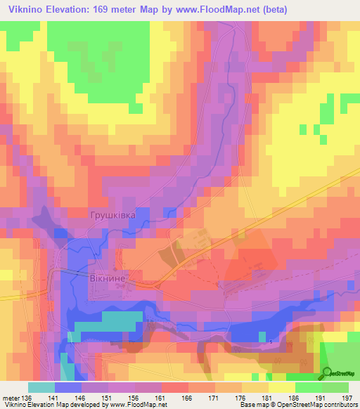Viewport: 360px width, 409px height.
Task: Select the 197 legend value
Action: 346,398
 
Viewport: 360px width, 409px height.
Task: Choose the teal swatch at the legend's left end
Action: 41,387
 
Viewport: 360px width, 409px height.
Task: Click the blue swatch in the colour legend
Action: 68,387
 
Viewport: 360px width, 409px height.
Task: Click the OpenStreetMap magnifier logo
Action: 327,372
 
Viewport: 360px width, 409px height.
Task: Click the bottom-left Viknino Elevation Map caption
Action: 84,405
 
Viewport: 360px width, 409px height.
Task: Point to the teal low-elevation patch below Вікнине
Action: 105,322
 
